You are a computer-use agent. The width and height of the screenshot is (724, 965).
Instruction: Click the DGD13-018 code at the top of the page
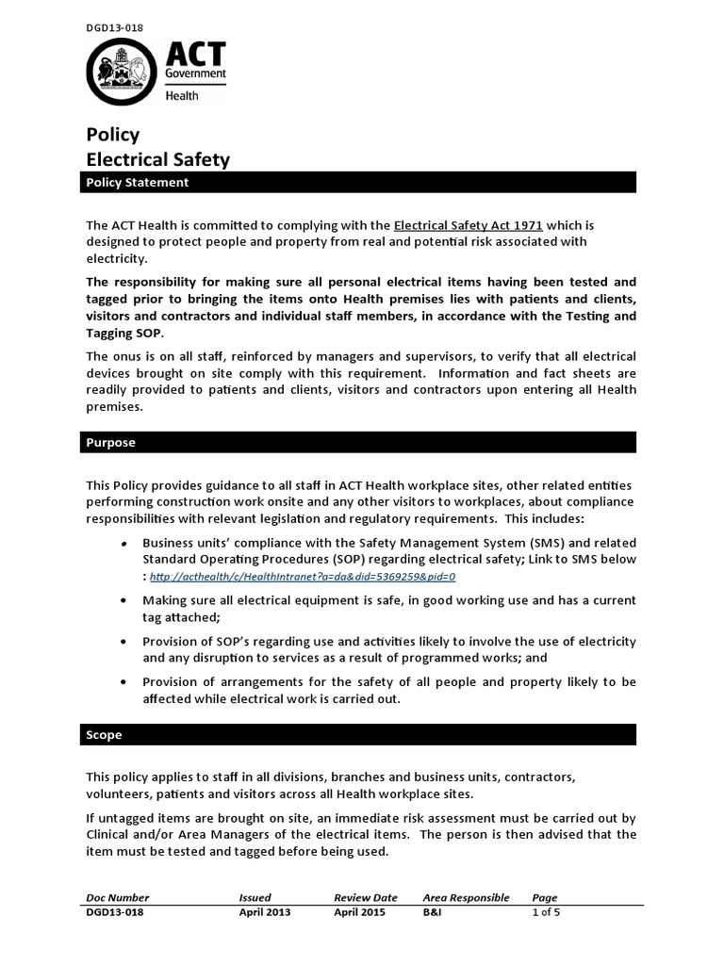112,29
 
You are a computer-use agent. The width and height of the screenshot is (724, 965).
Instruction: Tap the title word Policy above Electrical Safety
113,135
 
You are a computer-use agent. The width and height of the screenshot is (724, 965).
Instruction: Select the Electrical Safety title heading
157,159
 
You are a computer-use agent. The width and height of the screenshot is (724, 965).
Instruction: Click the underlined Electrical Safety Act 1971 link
468,226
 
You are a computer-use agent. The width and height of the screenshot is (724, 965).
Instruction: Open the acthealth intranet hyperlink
303,576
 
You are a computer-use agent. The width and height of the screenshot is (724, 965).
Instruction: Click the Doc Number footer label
117,897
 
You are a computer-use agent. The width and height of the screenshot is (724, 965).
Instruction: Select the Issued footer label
255,897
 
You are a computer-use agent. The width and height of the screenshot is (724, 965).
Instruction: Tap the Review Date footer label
365,897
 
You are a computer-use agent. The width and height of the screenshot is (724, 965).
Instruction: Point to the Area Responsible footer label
466,897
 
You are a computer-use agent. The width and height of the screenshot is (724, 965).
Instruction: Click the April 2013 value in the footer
264,912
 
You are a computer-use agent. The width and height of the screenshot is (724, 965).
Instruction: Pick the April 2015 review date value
359,912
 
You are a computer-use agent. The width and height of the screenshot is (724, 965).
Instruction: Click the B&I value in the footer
433,912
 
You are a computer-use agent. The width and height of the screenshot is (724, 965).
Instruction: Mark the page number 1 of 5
547,912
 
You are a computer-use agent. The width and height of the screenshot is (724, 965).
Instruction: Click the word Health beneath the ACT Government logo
182,95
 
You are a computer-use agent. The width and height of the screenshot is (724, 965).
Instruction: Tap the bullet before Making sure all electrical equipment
125,600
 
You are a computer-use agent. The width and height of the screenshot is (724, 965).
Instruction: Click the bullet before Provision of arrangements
125,682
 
